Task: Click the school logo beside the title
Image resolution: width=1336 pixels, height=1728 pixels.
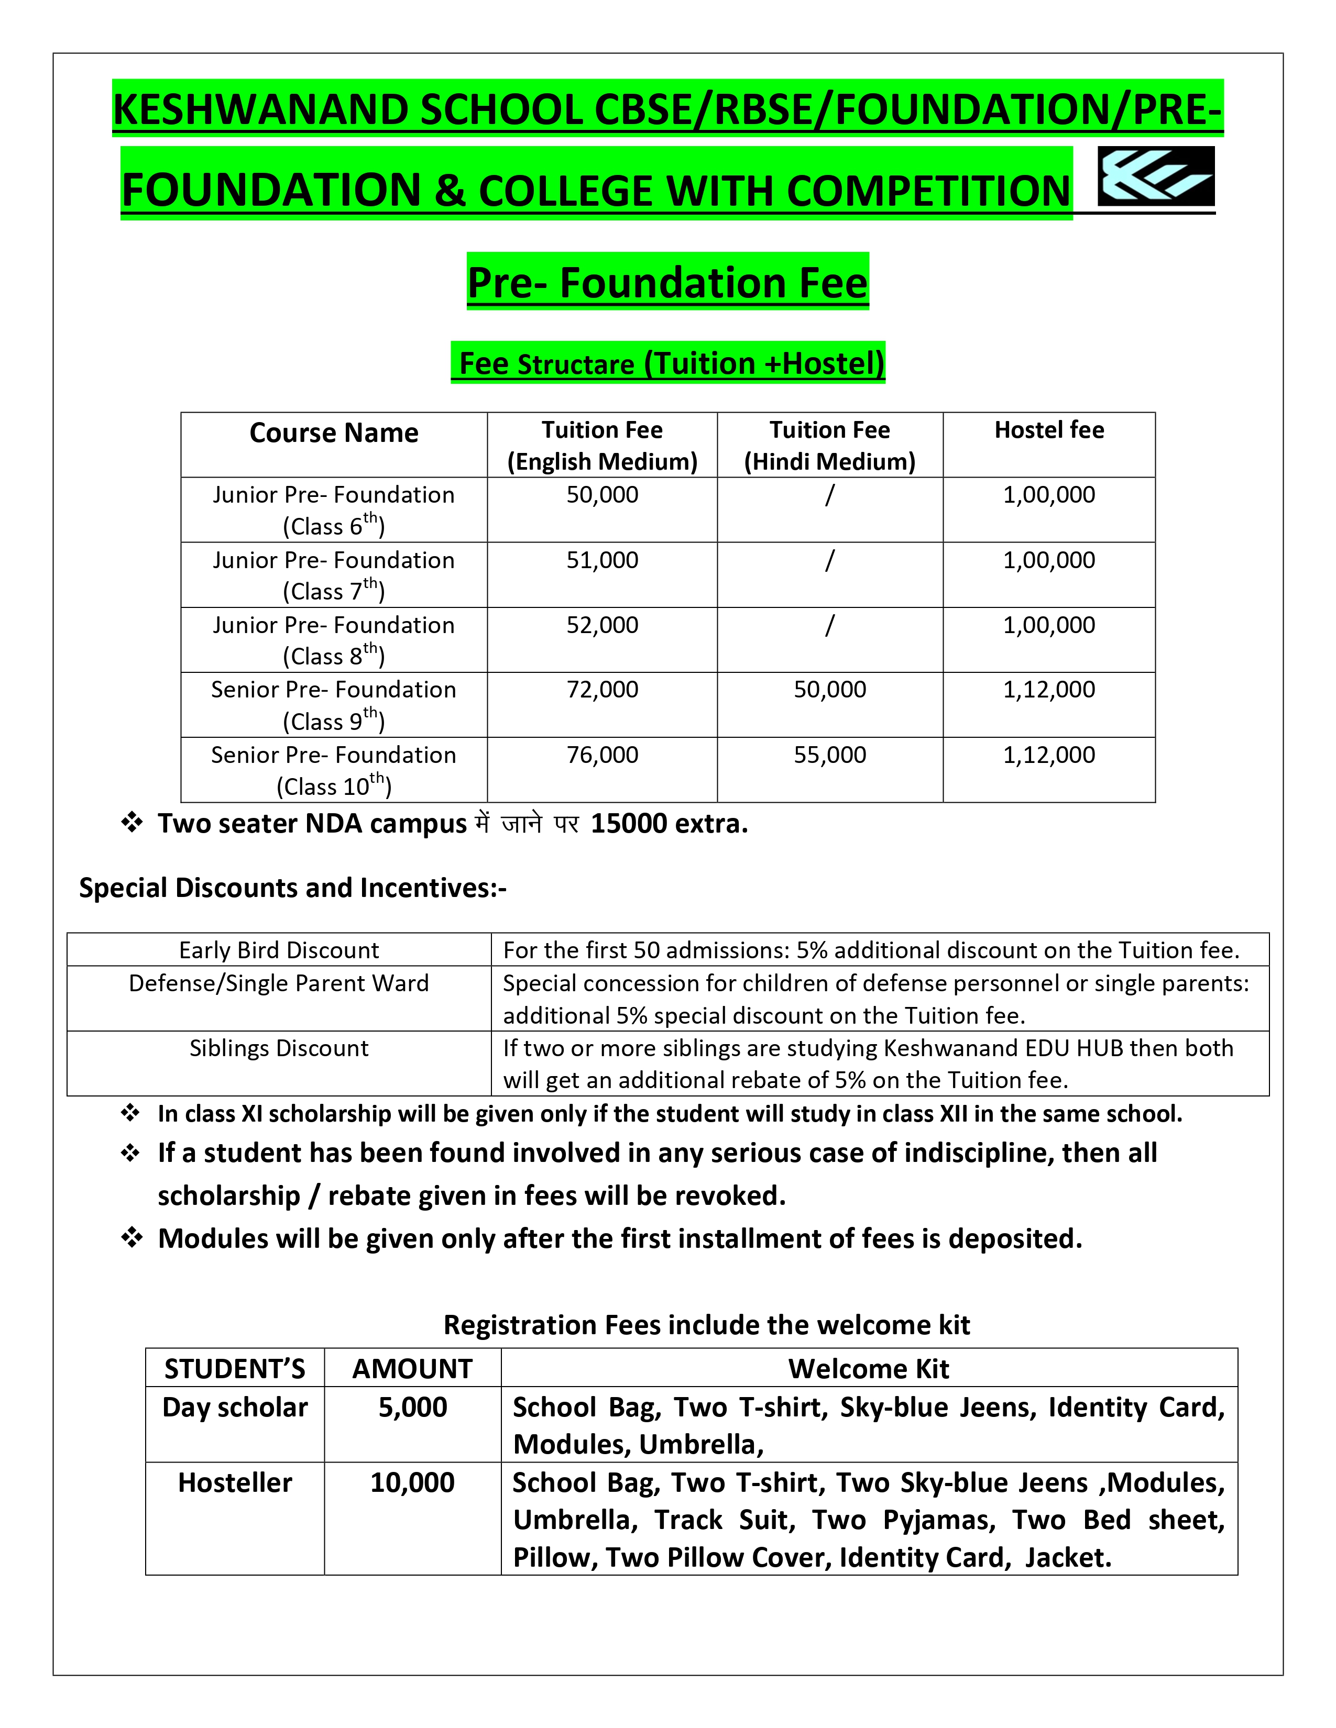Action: pyautogui.click(x=1156, y=176)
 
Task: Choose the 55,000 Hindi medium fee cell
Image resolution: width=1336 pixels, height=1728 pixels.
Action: pyautogui.click(x=829, y=755)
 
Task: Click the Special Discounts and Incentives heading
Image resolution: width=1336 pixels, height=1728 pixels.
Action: pyautogui.click(x=293, y=888)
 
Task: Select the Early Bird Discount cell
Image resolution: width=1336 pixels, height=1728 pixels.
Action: pyautogui.click(x=279, y=950)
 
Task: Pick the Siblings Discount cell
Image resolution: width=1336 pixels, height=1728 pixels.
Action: pyautogui.click(x=279, y=1048)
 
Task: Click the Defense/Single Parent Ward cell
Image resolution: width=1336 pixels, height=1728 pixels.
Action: pyautogui.click(x=279, y=983)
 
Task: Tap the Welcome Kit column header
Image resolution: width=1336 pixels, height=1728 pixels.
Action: pyautogui.click(x=868, y=1369)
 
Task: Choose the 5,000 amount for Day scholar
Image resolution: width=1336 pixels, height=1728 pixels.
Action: pyautogui.click(x=412, y=1408)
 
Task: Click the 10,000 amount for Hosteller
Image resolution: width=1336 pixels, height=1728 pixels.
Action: pyautogui.click(x=412, y=1483)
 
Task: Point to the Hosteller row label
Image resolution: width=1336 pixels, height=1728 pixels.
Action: pyautogui.click(x=235, y=1483)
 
